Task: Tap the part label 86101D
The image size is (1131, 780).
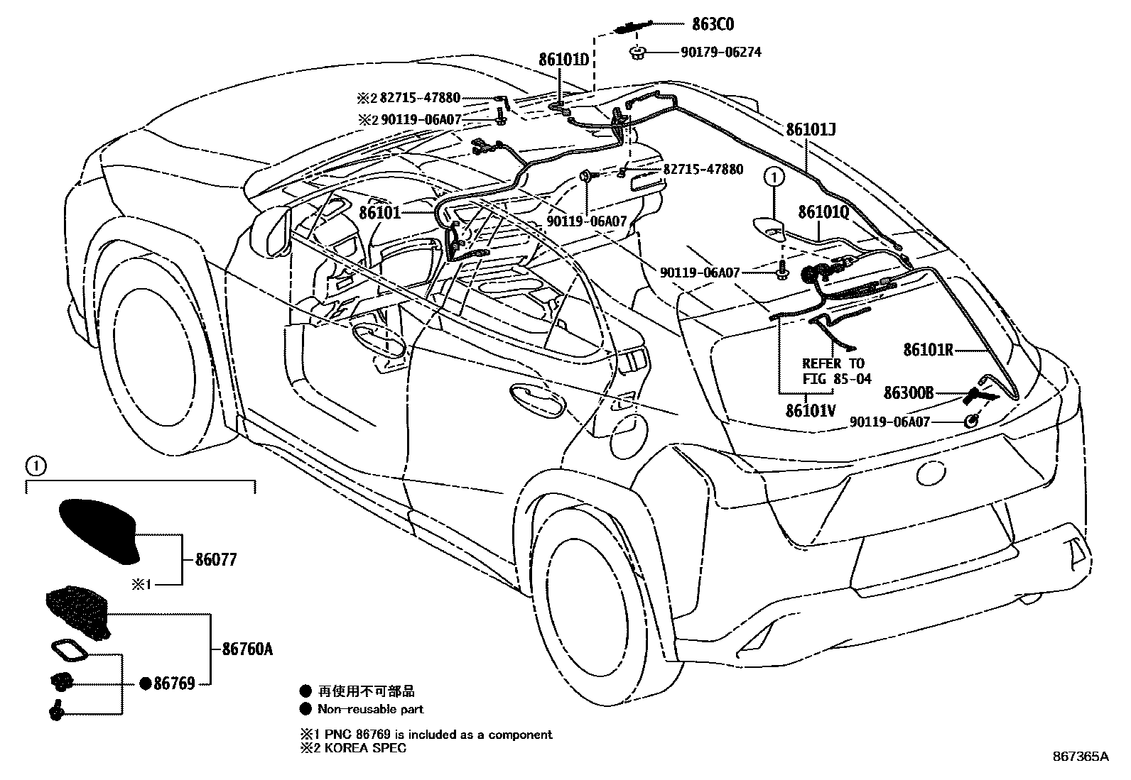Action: (564, 60)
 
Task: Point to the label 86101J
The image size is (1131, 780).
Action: (811, 130)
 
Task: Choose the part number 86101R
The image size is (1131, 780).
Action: (928, 350)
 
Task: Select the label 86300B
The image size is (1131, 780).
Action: (908, 392)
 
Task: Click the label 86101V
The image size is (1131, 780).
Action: (811, 410)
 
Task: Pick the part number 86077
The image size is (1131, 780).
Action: (215, 560)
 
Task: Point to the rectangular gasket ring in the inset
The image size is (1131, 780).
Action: (68, 651)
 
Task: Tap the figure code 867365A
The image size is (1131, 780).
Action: (1081, 757)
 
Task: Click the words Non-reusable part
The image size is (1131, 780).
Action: (370, 709)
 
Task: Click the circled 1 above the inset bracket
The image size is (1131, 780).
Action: (35, 466)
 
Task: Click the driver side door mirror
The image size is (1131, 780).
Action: (271, 230)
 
